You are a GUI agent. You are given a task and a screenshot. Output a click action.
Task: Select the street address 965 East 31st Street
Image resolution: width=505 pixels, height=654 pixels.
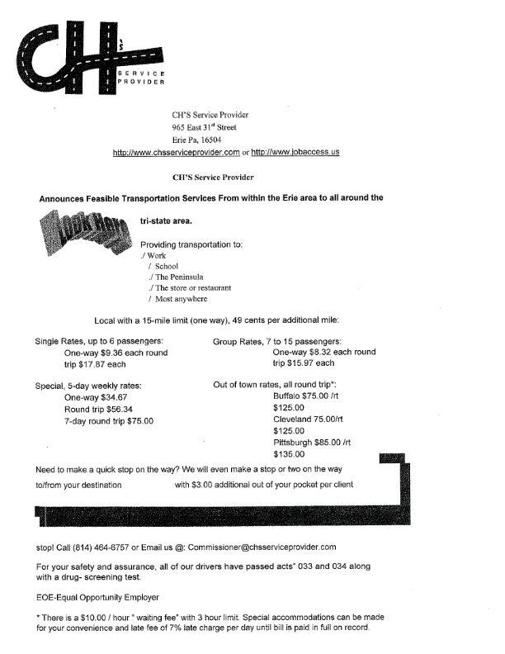204,127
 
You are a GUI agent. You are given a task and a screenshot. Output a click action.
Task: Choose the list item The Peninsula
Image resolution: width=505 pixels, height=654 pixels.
181,277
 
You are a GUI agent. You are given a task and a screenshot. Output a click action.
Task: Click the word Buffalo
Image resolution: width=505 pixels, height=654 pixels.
286,396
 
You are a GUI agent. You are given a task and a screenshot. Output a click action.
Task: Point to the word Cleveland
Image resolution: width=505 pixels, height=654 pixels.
291,419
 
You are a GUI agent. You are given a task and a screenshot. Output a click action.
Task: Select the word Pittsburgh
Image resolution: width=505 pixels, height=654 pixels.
292,442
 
